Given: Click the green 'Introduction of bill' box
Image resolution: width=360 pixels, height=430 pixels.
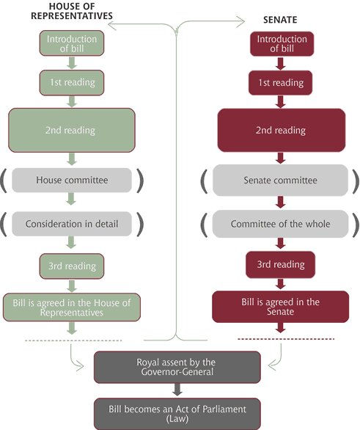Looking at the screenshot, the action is (72, 43).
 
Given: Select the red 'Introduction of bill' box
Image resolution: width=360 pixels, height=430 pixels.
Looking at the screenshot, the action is (282, 43).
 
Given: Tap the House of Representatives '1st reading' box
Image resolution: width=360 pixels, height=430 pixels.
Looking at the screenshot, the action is (72, 83).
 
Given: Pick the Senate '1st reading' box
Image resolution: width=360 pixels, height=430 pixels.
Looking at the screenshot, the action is (281, 83).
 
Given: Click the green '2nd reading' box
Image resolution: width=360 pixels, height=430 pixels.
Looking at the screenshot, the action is (72, 131).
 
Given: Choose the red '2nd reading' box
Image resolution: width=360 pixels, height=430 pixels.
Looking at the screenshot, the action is (282, 131).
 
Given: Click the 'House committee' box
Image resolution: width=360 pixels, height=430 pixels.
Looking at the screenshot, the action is (72, 181).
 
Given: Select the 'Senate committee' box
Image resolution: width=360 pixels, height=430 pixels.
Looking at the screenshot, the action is (281, 181).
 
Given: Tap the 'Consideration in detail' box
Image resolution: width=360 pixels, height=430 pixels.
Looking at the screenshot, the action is (72, 224).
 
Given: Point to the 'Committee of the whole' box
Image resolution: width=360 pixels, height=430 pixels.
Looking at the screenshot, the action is (281, 224).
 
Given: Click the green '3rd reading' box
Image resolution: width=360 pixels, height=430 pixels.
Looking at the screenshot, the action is (72, 266).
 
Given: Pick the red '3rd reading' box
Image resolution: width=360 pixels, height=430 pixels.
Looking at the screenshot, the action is (281, 265).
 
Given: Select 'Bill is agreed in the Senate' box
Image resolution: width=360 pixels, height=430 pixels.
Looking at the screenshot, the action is (281, 307).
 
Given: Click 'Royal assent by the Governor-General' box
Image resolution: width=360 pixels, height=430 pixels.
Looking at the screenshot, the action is (177, 367).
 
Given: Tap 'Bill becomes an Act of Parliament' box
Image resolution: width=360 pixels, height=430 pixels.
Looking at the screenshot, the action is (177, 414).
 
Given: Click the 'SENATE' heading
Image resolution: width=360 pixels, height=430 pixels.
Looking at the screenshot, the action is (280, 20).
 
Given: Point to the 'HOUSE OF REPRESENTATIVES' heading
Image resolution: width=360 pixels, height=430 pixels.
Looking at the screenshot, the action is (72, 11).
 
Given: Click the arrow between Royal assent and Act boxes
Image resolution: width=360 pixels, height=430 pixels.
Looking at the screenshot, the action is (177, 390).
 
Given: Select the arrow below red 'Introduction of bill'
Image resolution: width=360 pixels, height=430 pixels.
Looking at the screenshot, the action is (281, 63).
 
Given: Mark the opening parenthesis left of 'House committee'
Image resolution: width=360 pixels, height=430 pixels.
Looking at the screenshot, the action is (4, 181).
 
